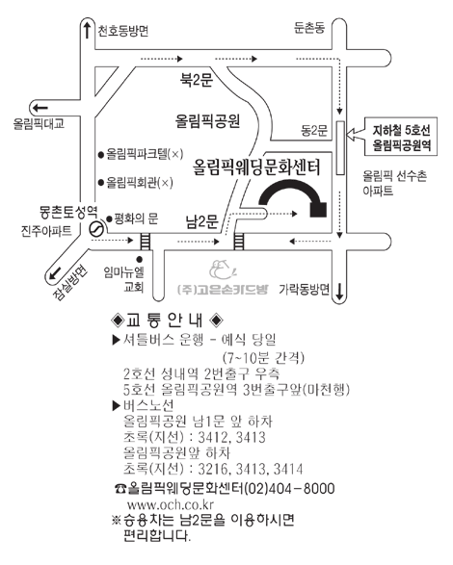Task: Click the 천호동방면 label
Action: point(123,31)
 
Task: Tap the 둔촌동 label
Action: point(309,27)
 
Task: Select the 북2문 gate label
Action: point(197,79)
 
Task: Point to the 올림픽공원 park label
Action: point(207,121)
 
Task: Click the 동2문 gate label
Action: point(314,131)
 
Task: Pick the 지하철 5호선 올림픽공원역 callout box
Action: point(401,137)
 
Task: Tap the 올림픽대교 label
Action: point(39,123)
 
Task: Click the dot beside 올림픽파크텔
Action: point(101,155)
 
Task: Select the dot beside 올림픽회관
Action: point(101,182)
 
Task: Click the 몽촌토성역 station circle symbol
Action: point(96,229)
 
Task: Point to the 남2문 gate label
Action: point(202,221)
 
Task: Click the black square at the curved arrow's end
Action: point(318,210)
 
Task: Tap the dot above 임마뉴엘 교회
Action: point(140,260)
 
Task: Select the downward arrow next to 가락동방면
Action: point(339,292)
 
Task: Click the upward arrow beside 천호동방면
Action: point(87,30)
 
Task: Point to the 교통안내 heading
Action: point(167,320)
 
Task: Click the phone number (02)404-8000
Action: point(289,489)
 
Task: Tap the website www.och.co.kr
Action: point(171,504)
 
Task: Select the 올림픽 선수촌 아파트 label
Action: point(394,184)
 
